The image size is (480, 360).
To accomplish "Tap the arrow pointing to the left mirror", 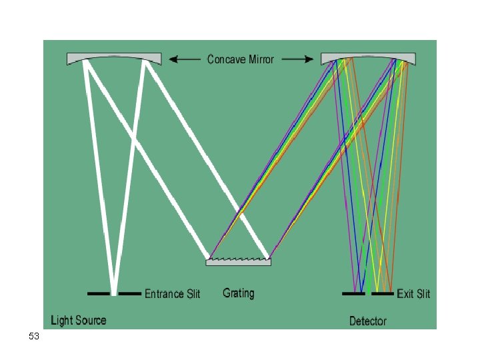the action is tap(185, 59).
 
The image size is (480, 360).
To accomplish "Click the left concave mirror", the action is tap(114, 59).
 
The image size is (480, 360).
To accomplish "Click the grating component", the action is tap(239, 262).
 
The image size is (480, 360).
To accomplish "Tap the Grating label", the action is tap(239, 293).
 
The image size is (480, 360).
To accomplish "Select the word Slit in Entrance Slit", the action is tap(193, 294).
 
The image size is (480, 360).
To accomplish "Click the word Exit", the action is tap(405, 294).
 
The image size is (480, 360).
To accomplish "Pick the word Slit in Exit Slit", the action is tap(423, 294).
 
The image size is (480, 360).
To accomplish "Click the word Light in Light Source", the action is tap(61, 321).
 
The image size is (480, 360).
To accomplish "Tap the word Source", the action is tap(90, 321).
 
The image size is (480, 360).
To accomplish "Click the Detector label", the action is tap(368, 321).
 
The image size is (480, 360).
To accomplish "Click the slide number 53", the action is tap(34, 337).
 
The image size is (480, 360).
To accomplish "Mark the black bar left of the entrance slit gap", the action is tap(99, 293).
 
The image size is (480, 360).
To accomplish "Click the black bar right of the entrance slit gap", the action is tap(130, 293).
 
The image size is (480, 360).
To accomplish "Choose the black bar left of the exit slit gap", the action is tap(353, 293).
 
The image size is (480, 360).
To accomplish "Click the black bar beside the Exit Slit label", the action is tap(383, 293).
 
